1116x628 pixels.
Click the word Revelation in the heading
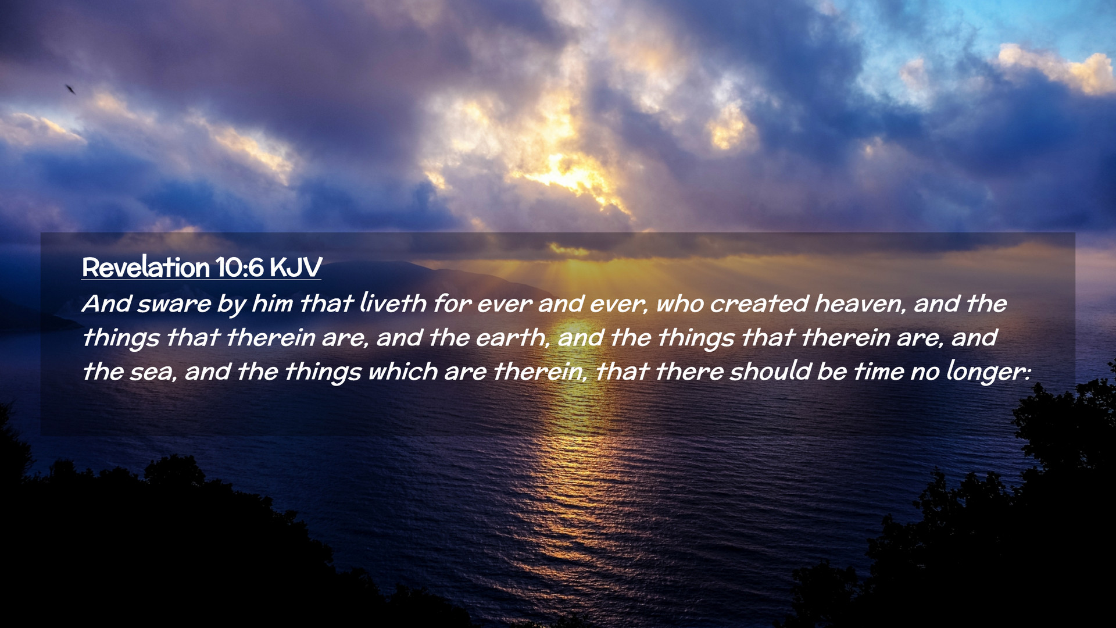pos(145,267)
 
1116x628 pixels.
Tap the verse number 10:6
pos(239,267)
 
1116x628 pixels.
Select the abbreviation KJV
pos(296,267)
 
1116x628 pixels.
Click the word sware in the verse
pos(174,304)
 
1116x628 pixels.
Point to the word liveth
pos(393,303)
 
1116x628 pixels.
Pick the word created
pos(759,304)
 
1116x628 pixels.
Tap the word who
pos(679,304)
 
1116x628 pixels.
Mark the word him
pos(272,304)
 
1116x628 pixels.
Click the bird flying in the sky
pos(70,89)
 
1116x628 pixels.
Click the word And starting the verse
pos(106,304)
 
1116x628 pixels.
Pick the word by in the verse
pos(232,305)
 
